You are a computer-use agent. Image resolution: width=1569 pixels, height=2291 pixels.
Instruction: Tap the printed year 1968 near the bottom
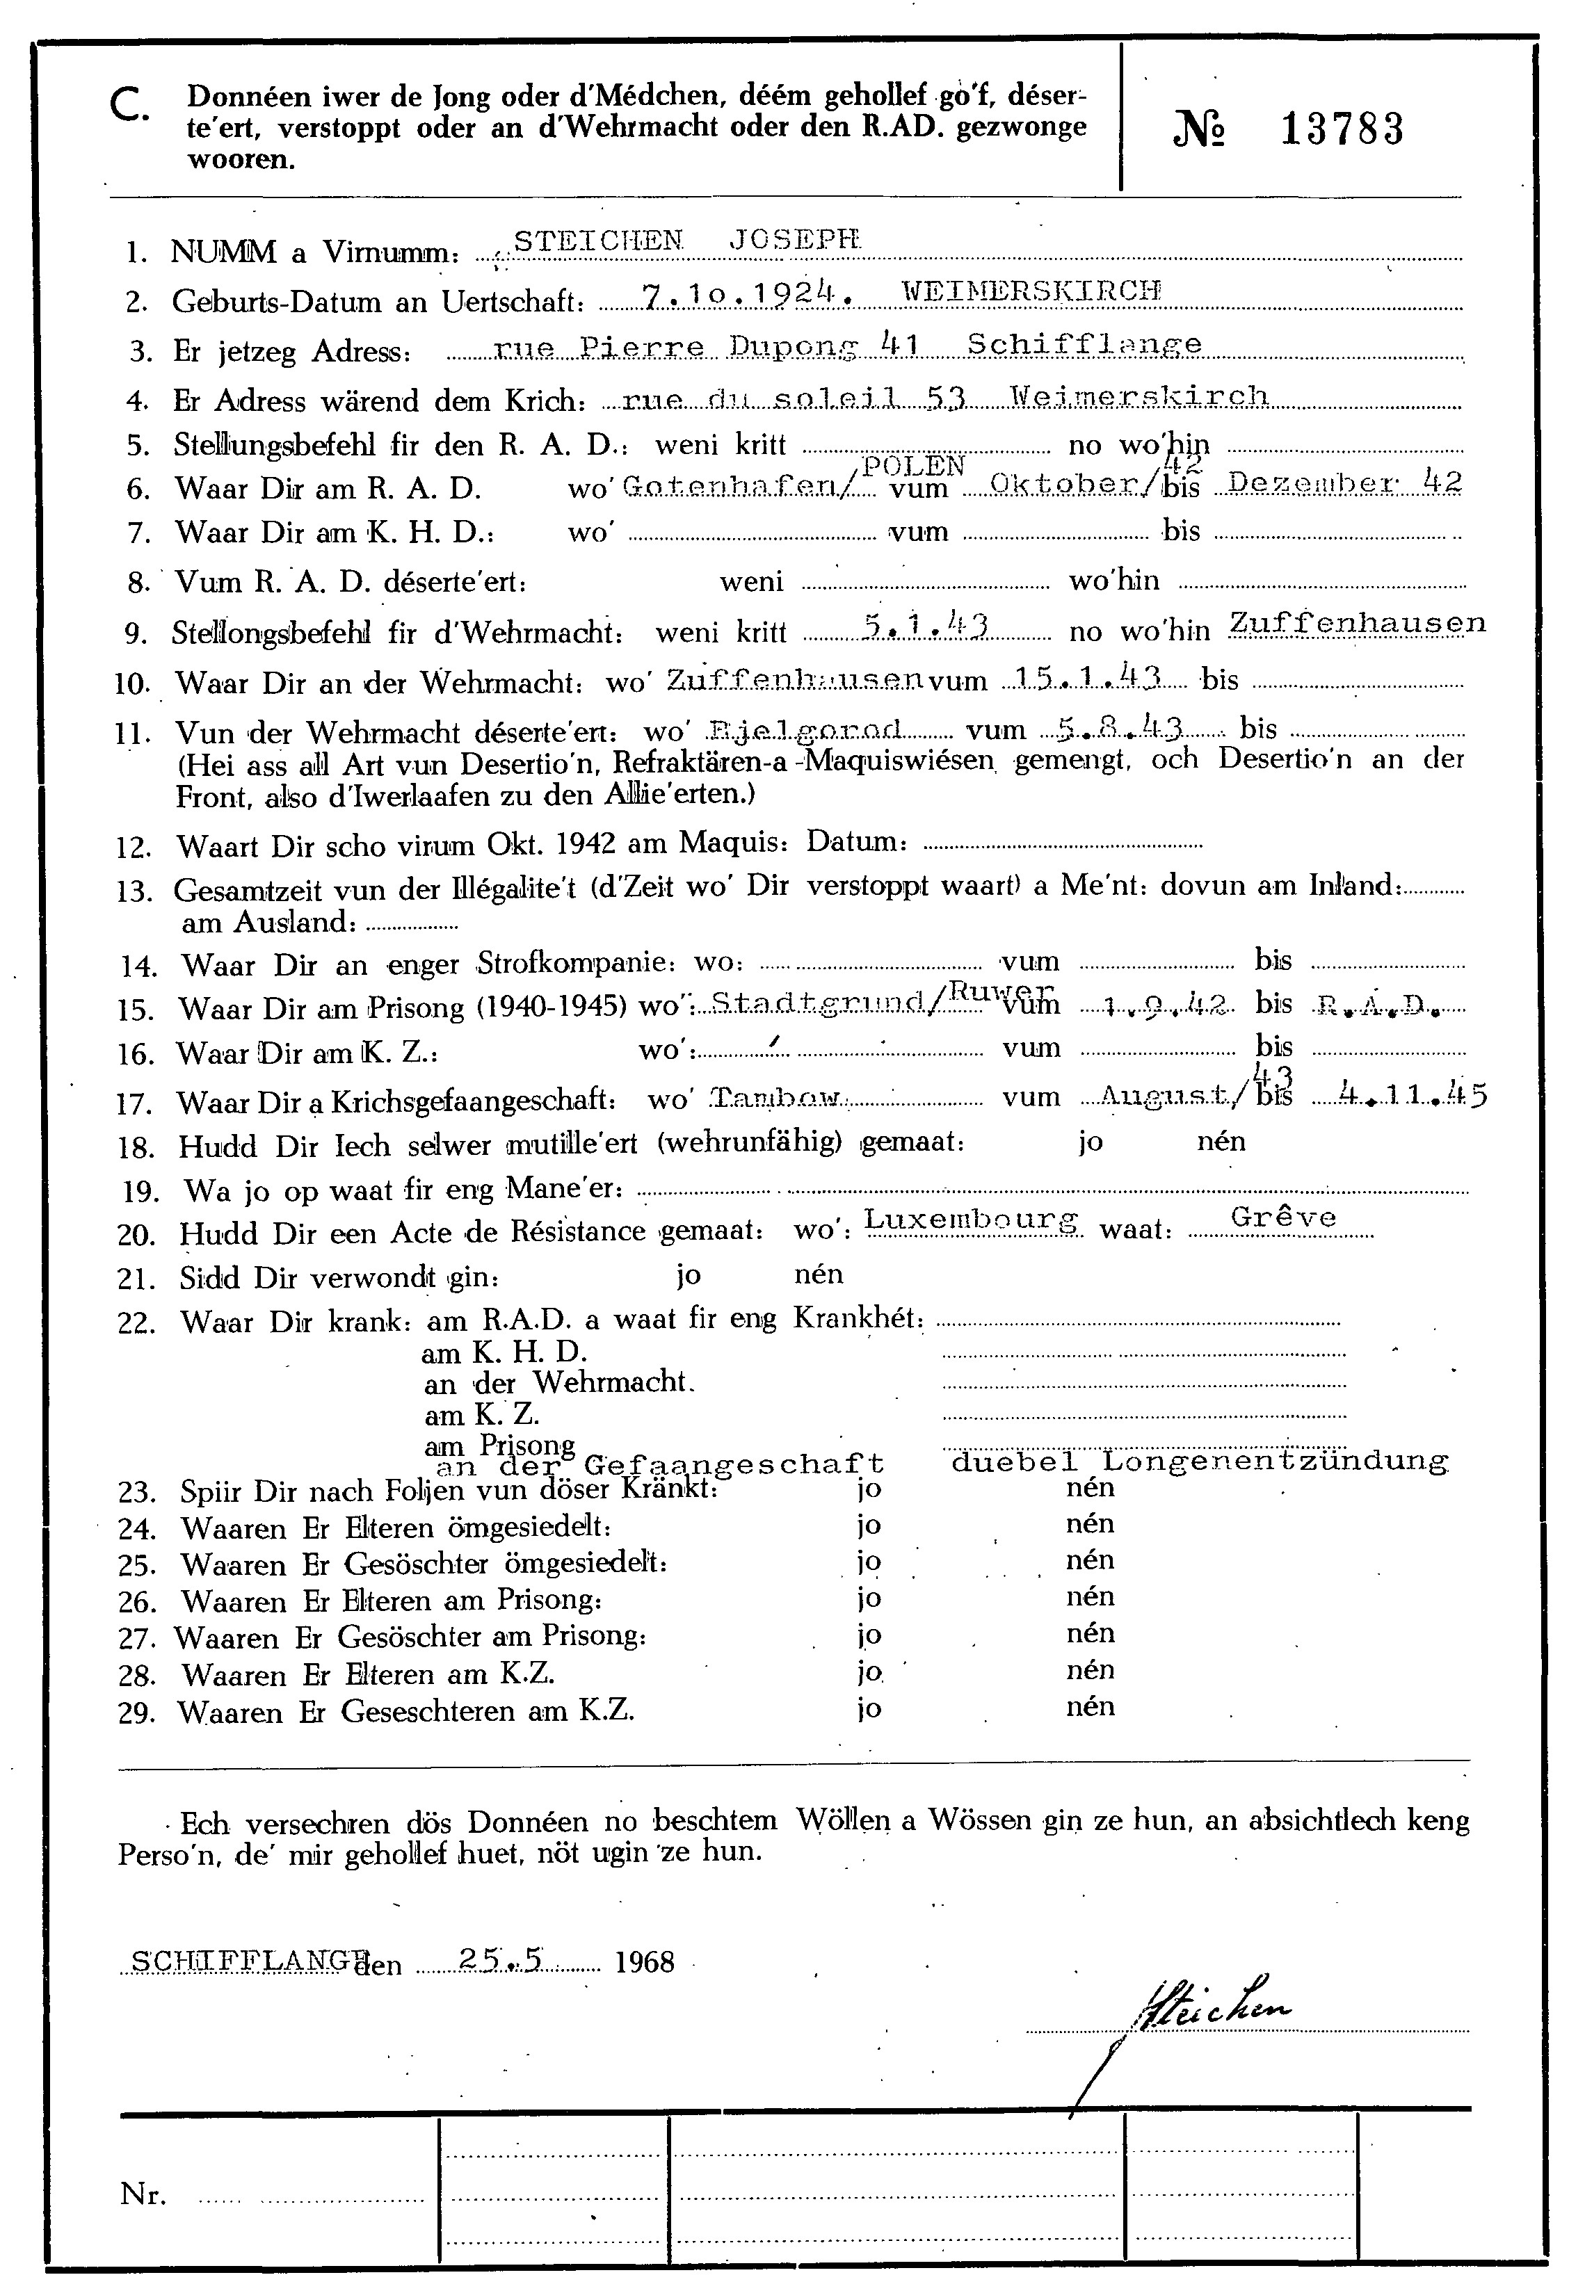[644, 1961]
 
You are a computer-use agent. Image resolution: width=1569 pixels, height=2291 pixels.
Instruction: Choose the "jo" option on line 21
[689, 1274]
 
